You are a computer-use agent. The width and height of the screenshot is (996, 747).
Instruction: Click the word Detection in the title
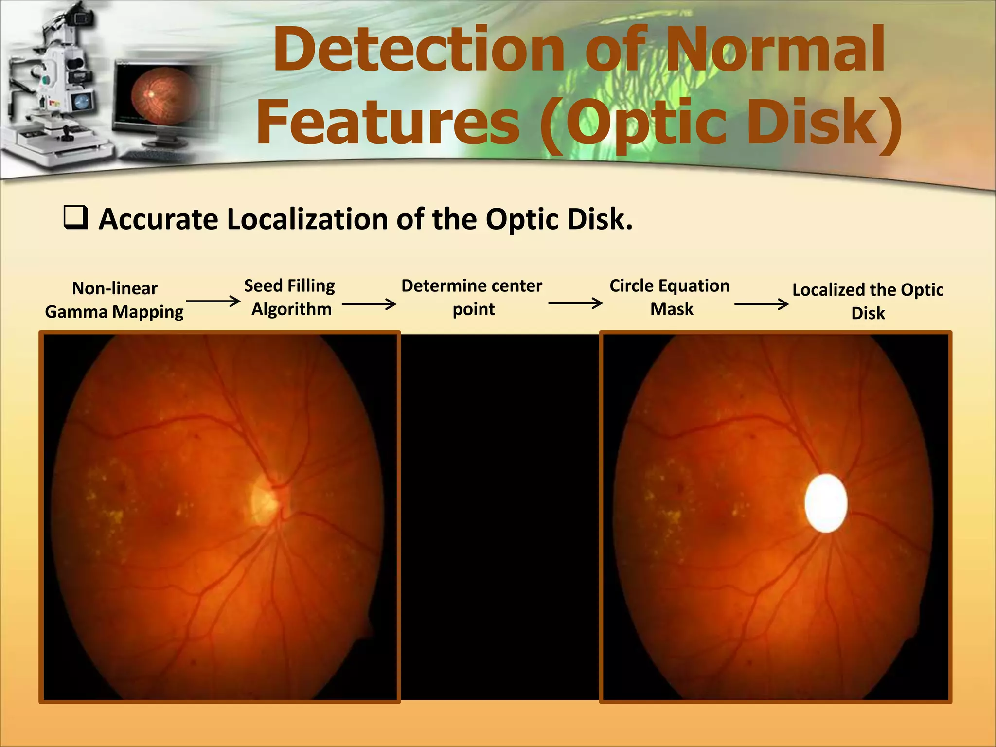coord(418,50)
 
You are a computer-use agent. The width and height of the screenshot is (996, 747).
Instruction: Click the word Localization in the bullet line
coord(308,219)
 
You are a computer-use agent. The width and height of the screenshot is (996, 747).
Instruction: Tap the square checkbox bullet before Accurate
coord(75,217)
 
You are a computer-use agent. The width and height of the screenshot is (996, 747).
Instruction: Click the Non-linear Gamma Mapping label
coord(114,300)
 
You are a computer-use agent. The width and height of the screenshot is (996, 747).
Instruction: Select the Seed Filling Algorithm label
coord(290,297)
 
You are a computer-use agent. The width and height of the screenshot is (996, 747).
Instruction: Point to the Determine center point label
coord(472,297)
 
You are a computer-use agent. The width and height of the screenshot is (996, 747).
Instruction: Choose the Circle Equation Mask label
coord(670,297)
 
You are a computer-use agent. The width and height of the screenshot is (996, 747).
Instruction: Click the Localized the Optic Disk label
coord(868,301)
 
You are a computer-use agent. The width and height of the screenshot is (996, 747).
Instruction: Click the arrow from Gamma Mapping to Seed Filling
coord(213,302)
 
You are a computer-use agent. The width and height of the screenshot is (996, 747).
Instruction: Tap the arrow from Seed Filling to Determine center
coord(369,304)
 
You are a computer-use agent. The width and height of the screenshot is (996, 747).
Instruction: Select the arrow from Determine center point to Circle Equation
coord(575,303)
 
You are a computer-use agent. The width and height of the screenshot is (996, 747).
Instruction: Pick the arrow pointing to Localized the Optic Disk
coord(761,304)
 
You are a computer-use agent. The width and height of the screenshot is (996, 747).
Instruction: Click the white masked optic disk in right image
coord(826,503)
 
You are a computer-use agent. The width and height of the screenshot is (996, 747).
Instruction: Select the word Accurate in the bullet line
coord(159,219)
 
